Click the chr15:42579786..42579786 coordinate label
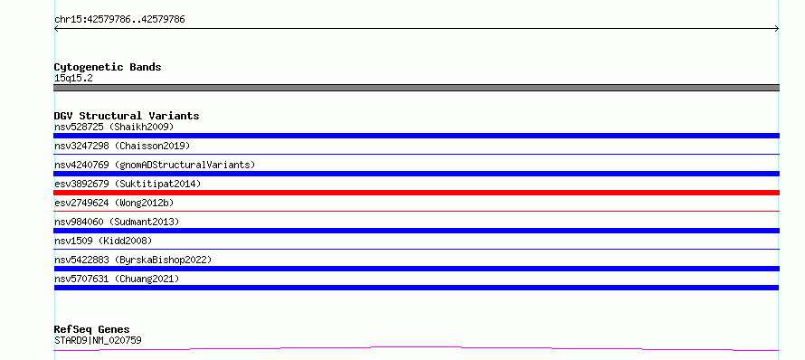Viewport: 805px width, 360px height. click(119, 20)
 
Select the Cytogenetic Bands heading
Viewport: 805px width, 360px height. click(108, 67)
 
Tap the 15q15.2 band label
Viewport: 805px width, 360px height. click(73, 79)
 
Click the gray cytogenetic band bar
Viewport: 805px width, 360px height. click(416, 88)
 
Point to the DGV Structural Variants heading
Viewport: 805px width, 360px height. click(127, 116)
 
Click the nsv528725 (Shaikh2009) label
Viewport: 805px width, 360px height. click(114, 127)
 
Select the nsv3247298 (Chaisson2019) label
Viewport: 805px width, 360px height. click(122, 146)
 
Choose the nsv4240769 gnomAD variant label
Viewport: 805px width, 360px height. click(155, 165)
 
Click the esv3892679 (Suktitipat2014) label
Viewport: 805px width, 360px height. click(128, 184)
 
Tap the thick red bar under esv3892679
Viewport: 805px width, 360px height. click(416, 193)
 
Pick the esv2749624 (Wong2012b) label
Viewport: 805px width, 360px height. click(114, 203)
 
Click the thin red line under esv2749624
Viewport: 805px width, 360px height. click(416, 211)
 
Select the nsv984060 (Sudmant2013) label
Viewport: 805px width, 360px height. click(117, 222)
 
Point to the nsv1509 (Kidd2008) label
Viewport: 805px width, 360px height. click(103, 241)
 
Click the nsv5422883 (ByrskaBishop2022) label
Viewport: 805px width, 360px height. click(133, 260)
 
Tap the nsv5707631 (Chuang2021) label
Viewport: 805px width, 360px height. click(117, 279)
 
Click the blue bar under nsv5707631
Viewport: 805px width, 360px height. click(416, 288)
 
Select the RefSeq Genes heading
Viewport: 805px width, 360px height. click(92, 330)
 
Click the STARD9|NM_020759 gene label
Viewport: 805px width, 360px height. click(98, 340)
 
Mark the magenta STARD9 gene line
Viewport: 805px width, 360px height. click(416, 349)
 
